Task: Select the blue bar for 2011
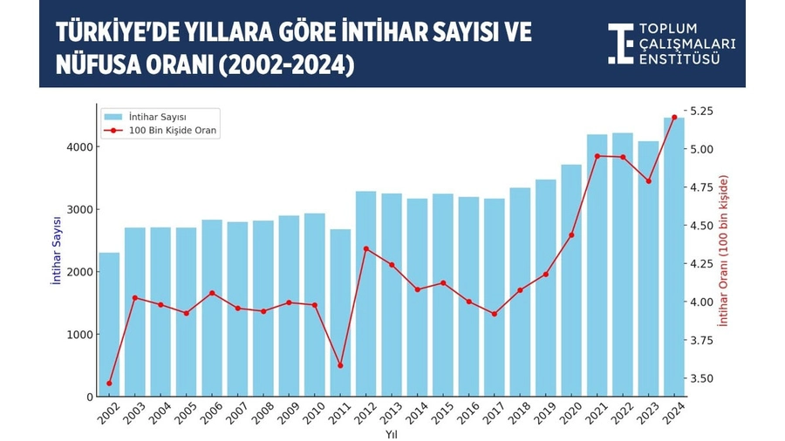[x=340, y=313]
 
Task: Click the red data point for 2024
[x=674, y=118]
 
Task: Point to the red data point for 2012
[x=366, y=249]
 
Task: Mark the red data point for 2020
[x=571, y=235]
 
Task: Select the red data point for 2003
[x=135, y=298]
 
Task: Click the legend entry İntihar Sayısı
[x=157, y=116]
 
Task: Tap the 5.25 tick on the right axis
[x=702, y=112]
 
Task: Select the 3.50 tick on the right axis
[x=702, y=379]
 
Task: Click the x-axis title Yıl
[x=391, y=433]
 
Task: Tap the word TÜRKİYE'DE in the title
[x=115, y=33]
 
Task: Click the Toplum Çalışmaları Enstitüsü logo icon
[x=620, y=44]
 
